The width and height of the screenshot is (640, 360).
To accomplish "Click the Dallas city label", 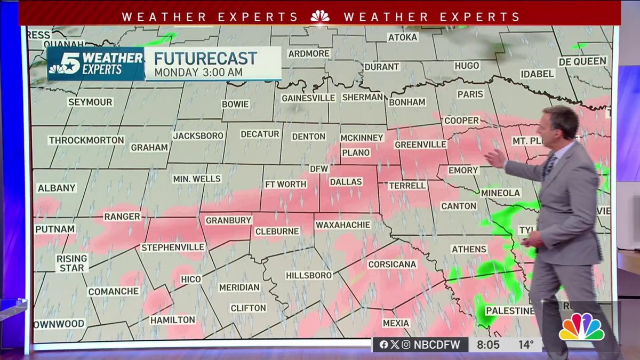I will [x=346, y=182].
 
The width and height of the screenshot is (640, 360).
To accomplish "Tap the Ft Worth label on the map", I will [x=286, y=185].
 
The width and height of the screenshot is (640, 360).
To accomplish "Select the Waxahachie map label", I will [x=342, y=225].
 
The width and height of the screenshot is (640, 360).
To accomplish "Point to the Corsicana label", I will [x=392, y=264].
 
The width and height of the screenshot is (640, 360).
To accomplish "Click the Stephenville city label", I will [x=173, y=247].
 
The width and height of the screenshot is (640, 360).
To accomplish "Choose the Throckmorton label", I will [x=86, y=140].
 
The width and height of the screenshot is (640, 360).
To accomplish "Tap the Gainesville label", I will [x=308, y=98].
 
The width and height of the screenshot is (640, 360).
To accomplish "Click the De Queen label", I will [x=582, y=61].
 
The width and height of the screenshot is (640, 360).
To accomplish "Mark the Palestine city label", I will [x=510, y=311].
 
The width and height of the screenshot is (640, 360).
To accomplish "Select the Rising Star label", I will [x=72, y=263].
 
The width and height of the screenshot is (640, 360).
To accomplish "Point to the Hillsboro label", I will [x=309, y=275].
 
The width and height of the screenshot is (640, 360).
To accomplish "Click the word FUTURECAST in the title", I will [x=206, y=58].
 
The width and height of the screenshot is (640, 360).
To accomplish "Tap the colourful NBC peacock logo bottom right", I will [x=581, y=327].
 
